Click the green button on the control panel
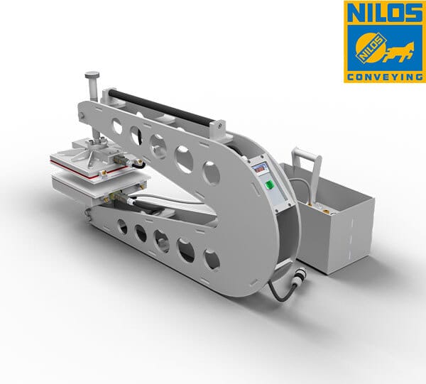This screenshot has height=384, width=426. point(269,185)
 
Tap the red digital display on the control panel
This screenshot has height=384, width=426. point(258,170)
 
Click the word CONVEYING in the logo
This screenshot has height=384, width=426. point(385,77)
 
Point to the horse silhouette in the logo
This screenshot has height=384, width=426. point(400,52)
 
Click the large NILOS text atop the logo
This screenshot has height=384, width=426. point(383,13)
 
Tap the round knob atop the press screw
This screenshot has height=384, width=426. point(92,75)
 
